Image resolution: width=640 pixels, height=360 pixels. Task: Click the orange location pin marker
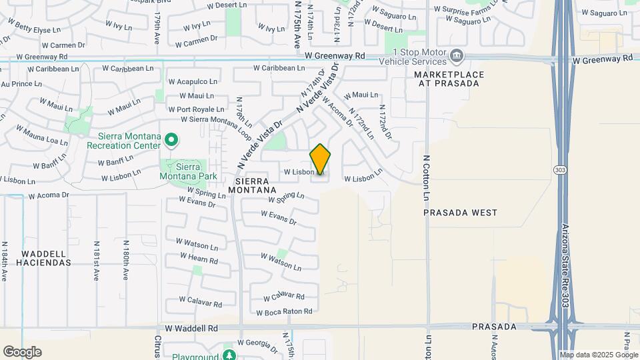click(320, 159)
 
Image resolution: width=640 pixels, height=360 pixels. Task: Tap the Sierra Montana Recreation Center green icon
click(171, 140)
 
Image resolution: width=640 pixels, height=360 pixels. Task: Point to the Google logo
click(22, 352)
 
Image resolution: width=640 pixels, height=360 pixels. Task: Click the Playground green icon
click(230, 354)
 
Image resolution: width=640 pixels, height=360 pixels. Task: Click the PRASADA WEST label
click(461, 213)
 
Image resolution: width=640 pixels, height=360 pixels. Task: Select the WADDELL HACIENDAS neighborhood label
click(46, 258)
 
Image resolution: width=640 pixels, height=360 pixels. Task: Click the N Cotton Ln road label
click(426, 178)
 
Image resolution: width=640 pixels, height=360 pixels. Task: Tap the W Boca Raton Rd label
click(285, 311)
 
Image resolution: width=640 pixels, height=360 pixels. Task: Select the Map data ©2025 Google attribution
click(599, 355)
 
